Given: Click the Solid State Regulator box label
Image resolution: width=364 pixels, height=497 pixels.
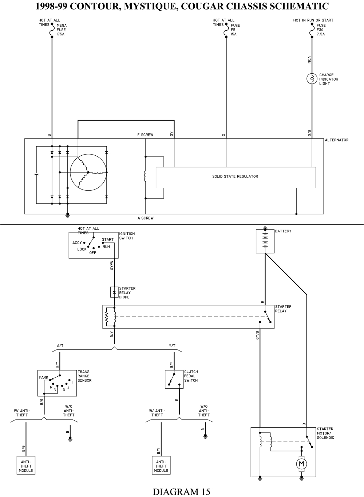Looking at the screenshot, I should click(235, 176).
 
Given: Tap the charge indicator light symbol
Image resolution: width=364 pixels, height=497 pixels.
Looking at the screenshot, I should click(312, 79).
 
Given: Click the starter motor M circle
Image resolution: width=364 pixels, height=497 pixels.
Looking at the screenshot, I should click(301, 463).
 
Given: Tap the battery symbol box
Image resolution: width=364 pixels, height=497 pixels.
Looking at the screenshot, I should click(265, 241).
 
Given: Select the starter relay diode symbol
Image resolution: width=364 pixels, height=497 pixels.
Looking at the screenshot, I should click(114, 292).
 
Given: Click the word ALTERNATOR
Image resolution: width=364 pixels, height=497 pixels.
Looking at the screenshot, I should click(337, 140).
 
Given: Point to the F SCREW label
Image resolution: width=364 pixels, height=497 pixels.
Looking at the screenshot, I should click(145, 135).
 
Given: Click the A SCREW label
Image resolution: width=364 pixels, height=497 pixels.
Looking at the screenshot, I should click(145, 218).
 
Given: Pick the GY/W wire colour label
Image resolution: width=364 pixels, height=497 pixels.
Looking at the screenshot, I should click(112, 265).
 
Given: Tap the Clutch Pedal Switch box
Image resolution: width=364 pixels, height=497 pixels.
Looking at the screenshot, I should click(174, 380).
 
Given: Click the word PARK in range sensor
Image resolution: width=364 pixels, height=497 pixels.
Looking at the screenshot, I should click(44, 378).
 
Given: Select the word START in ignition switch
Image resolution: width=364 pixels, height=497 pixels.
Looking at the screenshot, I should click(108, 240).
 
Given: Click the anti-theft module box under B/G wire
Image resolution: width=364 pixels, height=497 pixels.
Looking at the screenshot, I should click(26, 466).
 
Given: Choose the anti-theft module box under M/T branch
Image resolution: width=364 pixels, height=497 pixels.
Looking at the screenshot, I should click(161, 466).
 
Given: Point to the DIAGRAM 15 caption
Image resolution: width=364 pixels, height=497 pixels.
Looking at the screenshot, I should click(181, 492).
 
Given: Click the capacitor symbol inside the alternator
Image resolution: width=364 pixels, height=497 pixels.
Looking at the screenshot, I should click(36, 174).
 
